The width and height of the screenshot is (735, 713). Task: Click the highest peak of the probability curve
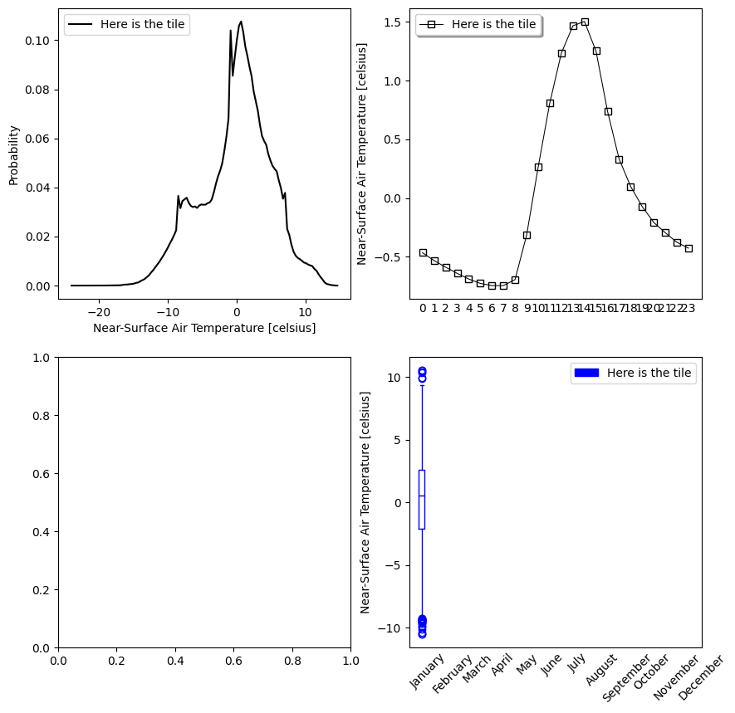(x=241, y=22)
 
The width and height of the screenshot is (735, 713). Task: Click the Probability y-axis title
(x=14, y=155)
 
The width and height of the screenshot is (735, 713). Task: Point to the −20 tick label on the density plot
(x=99, y=312)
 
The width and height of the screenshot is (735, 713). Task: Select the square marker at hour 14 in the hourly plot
(x=585, y=22)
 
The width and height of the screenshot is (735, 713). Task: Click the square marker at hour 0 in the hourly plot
(x=423, y=252)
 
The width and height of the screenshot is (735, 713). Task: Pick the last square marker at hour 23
(x=688, y=248)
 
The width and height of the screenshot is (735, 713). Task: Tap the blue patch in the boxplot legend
(x=586, y=374)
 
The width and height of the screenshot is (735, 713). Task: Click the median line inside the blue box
(x=422, y=496)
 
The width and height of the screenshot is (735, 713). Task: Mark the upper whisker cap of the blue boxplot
(x=422, y=386)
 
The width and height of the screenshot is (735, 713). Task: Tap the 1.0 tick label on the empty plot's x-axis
(x=350, y=661)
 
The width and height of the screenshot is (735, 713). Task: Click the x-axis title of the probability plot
(x=204, y=328)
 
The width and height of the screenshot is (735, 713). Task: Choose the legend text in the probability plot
(x=144, y=25)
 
